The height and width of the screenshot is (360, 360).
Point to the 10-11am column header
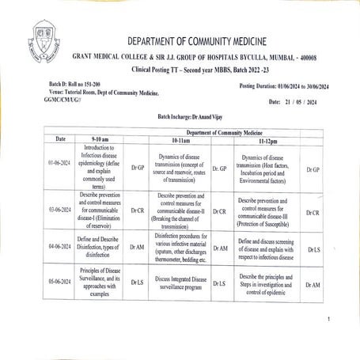[184, 139]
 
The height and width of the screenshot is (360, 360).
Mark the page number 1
[327, 320]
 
